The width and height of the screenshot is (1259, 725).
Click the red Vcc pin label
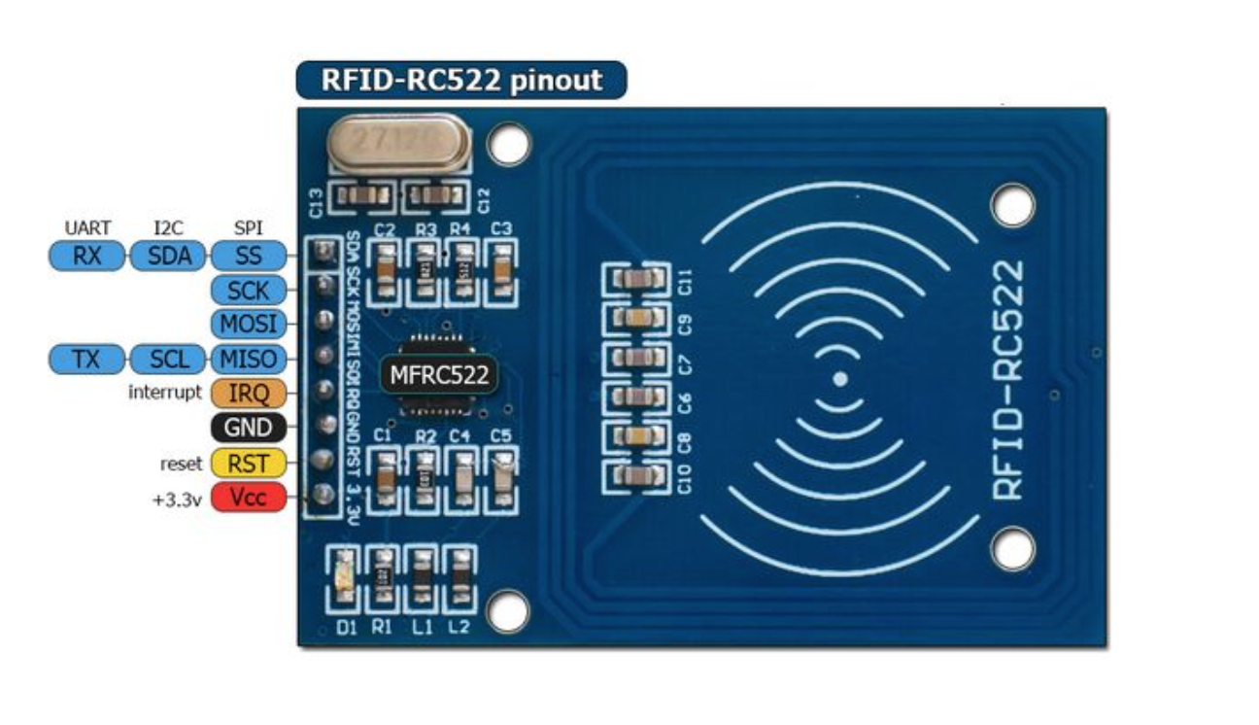coord(249,498)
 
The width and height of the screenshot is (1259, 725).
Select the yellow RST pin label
coord(249,463)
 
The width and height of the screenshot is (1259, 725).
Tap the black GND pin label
coord(249,428)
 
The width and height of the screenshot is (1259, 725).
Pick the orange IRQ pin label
coord(249,393)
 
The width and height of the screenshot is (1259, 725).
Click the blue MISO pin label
coord(249,359)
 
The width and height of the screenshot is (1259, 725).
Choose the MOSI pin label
coord(249,324)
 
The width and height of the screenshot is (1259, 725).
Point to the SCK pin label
coord(249,290)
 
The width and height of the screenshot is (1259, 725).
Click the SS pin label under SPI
coord(249,256)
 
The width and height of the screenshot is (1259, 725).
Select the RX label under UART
coord(87,256)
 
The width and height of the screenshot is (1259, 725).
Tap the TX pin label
coord(87,359)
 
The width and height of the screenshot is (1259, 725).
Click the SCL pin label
coord(168,359)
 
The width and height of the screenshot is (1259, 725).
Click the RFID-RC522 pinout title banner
coord(461,80)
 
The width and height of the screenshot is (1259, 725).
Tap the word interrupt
coord(166,393)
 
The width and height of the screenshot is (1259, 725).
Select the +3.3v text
coord(177,499)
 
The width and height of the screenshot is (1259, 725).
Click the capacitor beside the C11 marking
coord(636,280)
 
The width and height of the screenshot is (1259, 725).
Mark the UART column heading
coord(87,228)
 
